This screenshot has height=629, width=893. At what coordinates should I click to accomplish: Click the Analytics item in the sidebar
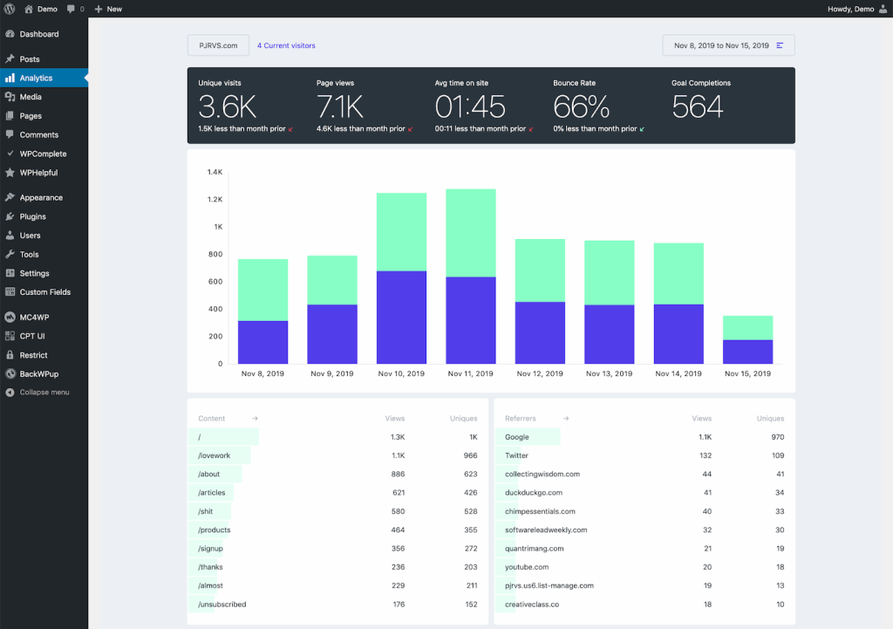point(36,78)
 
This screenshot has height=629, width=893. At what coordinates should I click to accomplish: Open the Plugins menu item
point(32,216)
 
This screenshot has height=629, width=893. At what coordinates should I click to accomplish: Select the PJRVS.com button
point(218,45)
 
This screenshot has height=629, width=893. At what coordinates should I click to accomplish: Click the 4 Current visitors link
point(286,45)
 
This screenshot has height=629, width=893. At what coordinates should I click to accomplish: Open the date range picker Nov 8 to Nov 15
point(728,45)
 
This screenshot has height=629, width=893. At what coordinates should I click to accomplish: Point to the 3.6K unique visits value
point(227,106)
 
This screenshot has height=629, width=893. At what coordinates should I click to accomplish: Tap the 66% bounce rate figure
point(582,106)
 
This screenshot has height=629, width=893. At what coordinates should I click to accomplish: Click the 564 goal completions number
point(698,106)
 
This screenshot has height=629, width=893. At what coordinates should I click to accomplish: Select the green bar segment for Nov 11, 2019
point(471,233)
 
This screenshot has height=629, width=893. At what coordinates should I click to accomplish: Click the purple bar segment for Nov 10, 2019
point(401,318)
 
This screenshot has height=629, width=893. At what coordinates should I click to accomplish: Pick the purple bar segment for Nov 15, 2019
point(747,352)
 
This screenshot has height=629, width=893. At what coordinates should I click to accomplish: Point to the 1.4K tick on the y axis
point(215,172)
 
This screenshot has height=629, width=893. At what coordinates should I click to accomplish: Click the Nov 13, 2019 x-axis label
point(609,373)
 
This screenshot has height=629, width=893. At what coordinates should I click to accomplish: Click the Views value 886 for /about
point(398,474)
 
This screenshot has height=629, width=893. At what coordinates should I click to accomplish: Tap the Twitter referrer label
point(516,455)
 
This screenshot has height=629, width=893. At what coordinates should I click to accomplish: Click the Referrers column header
point(521,419)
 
